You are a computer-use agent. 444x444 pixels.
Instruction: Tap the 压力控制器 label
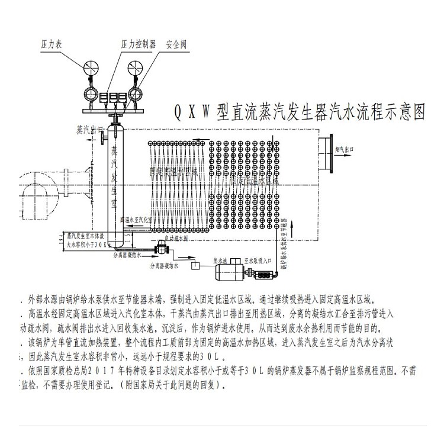[x=138, y=44]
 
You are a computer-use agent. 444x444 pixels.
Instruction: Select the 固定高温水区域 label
[x=173, y=171]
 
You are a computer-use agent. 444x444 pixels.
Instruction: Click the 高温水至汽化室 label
[x=137, y=219]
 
